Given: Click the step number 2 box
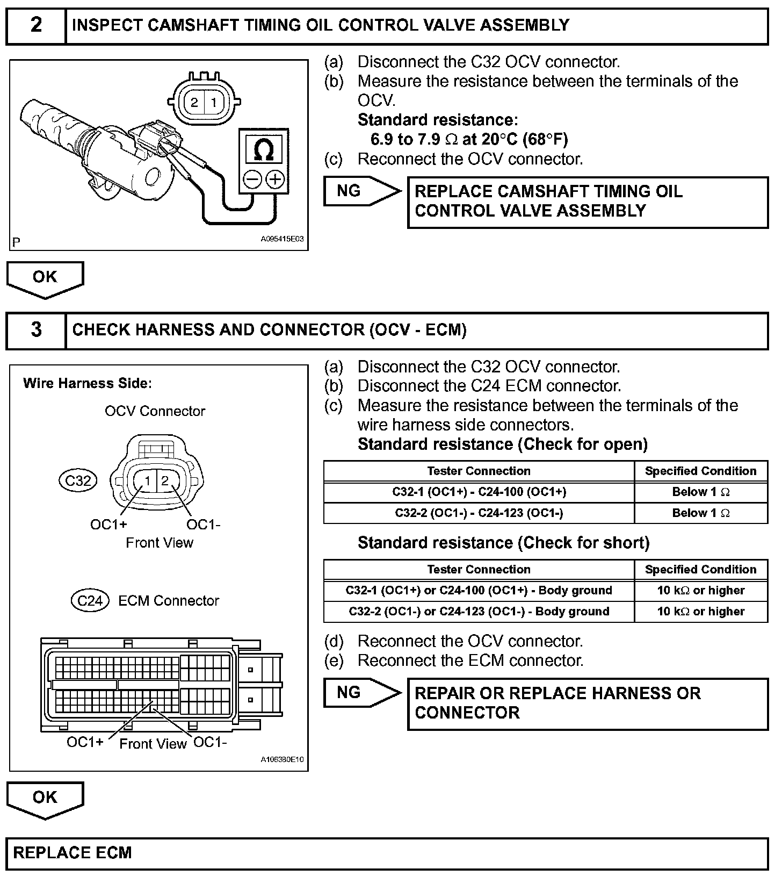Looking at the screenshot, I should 36,26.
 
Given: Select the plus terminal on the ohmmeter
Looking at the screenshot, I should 275,179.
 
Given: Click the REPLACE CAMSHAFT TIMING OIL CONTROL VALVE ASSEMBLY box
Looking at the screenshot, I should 588,202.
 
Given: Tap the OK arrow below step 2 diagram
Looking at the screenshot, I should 45,278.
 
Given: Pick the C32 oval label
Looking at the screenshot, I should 78,480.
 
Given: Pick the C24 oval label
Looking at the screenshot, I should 90,600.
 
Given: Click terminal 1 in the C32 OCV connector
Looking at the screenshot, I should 147,480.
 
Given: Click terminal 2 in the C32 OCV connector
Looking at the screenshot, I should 165,480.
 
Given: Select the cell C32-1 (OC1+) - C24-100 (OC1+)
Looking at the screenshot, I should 479,492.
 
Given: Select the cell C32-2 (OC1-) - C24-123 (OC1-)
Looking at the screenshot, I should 479,513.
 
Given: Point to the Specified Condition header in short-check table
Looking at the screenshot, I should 700,570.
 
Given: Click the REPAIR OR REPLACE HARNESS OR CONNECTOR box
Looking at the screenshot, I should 588,703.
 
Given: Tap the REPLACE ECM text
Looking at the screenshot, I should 73,853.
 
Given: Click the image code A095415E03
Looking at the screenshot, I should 283,240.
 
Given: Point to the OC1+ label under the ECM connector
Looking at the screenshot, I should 85,742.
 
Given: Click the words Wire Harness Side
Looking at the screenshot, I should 88,384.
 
